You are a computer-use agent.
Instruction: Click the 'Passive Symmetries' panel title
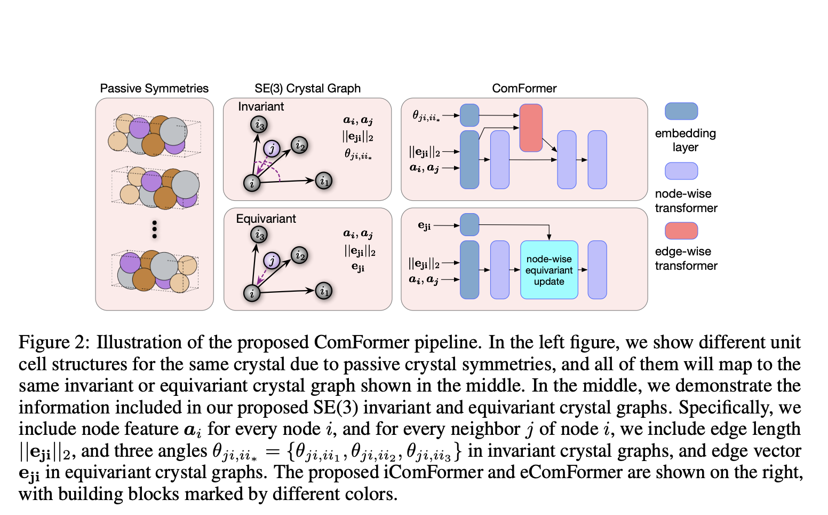click(x=154, y=88)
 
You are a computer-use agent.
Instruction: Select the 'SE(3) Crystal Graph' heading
click(x=307, y=88)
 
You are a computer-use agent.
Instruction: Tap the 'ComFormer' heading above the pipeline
click(x=524, y=88)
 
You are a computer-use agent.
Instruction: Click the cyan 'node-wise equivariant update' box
click(x=549, y=270)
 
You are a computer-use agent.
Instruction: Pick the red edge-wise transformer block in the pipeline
click(x=531, y=128)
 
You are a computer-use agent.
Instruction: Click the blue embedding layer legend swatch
click(x=681, y=111)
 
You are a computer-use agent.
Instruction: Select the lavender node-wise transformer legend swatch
click(x=681, y=171)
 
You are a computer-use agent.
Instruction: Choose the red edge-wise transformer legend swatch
click(x=681, y=231)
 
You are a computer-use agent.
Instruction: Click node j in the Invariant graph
click(x=272, y=149)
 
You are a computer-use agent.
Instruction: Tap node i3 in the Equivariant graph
click(x=259, y=235)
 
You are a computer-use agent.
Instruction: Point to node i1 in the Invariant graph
click(x=324, y=181)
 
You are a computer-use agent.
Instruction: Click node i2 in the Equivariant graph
click(x=299, y=255)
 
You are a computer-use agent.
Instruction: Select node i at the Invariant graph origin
click(x=252, y=183)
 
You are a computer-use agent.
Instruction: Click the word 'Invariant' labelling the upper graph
click(x=261, y=106)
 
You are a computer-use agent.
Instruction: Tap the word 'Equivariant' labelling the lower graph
click(x=266, y=219)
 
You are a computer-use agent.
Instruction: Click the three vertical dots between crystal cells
click(x=154, y=229)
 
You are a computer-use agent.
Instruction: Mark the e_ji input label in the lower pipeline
click(x=424, y=225)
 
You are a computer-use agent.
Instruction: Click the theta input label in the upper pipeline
click(x=426, y=115)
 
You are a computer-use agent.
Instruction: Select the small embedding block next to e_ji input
click(x=469, y=224)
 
